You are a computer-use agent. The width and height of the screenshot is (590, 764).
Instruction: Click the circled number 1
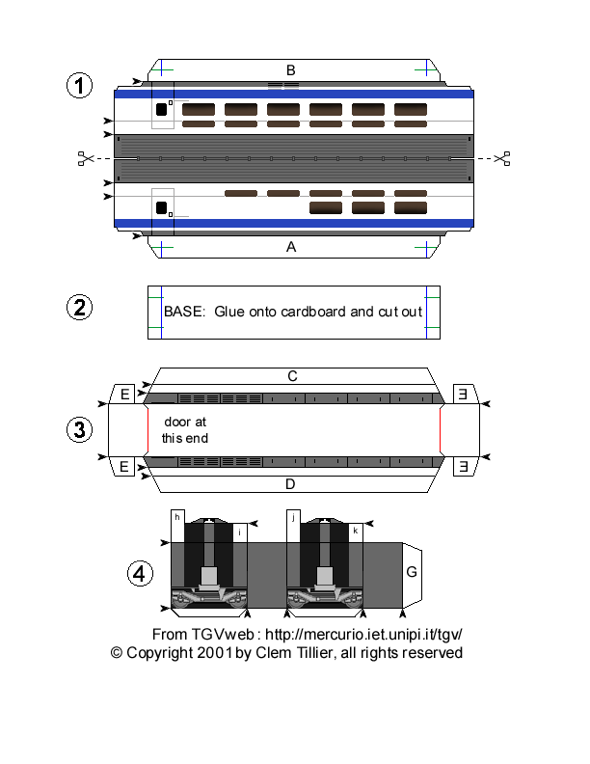point(79,85)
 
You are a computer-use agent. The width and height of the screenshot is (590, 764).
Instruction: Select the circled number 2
point(79,309)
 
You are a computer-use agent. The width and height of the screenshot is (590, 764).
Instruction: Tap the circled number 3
point(79,429)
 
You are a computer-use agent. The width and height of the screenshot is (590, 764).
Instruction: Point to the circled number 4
point(141,574)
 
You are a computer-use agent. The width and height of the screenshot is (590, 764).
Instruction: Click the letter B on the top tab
point(290,69)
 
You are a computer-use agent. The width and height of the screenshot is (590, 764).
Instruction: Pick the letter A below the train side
point(290,247)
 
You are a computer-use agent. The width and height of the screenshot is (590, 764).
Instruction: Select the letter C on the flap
point(290,375)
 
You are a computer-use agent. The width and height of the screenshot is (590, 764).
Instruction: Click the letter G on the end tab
point(412,573)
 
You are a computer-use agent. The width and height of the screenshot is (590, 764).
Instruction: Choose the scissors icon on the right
point(501,158)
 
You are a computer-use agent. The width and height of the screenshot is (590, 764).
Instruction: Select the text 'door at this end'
point(184,429)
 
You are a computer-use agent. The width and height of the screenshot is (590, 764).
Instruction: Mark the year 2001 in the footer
point(215,653)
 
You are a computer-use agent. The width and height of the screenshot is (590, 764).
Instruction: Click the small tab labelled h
point(177,518)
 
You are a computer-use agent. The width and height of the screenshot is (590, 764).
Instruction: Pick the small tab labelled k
point(356,531)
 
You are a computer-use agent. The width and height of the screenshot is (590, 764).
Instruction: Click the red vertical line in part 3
point(441,429)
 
